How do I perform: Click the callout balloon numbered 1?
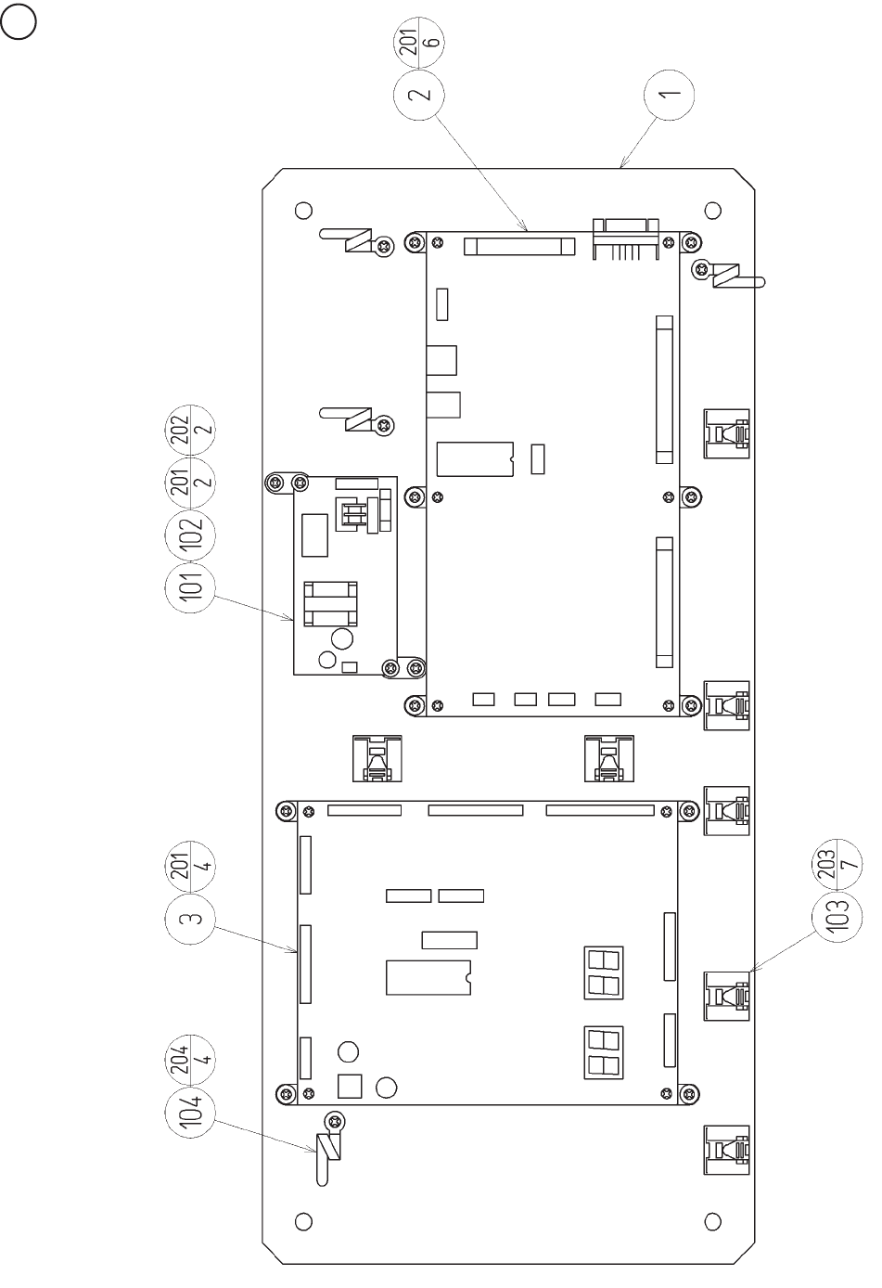click(671, 94)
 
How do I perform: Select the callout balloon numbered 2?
click(419, 95)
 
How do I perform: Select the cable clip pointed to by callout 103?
click(726, 996)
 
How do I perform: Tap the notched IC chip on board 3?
click(428, 977)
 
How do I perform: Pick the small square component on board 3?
click(350, 1086)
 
